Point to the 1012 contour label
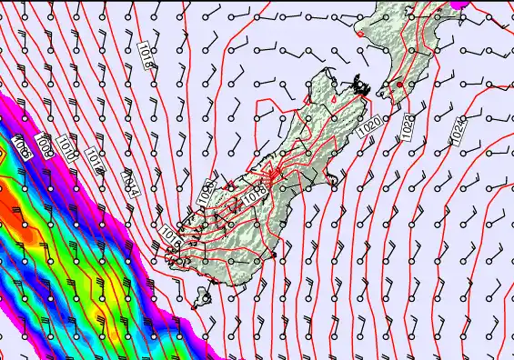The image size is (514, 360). click(96, 162)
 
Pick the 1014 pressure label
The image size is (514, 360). click(129, 185)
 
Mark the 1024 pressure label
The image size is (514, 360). click(459, 129)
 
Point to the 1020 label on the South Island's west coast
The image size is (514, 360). click(205, 194)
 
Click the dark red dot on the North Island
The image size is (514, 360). click(398, 85)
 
